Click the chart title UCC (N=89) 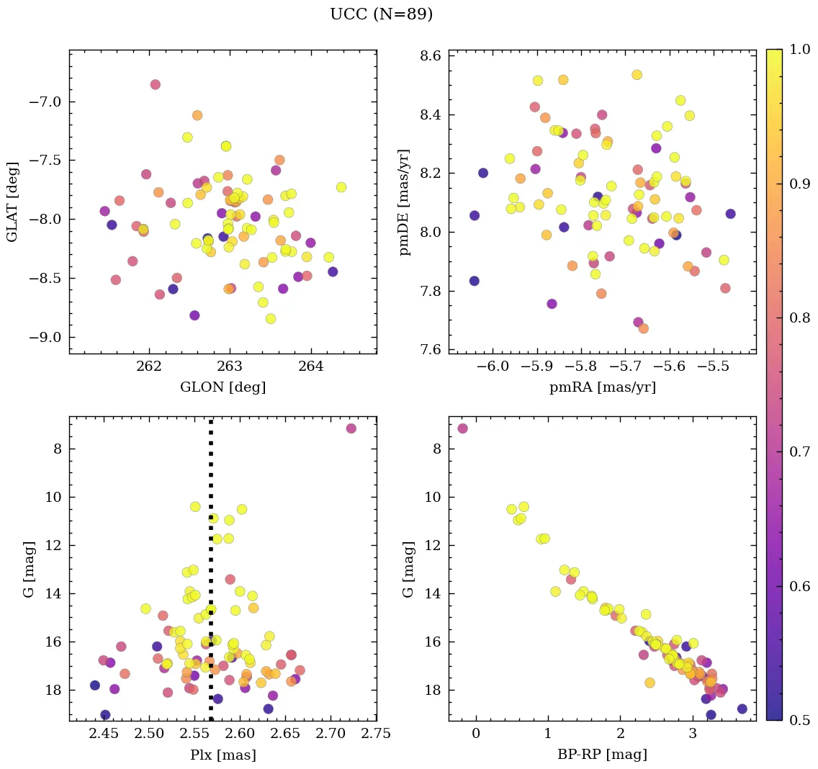[381, 14]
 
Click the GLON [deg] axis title [223, 387]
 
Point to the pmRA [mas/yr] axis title [602, 387]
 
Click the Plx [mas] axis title [223, 755]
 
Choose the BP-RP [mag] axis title [602, 755]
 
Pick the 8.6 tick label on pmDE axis [430, 56]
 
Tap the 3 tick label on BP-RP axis [693, 734]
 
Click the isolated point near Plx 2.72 [351, 428]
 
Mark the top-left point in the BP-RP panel [462, 428]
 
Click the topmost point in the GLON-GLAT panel [155, 84]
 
